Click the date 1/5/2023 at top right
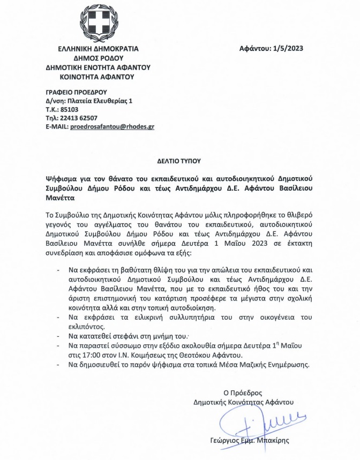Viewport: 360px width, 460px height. [288, 49]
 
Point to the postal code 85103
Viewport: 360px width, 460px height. [73, 109]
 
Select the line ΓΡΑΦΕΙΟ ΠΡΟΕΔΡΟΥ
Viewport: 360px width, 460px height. [77, 91]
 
